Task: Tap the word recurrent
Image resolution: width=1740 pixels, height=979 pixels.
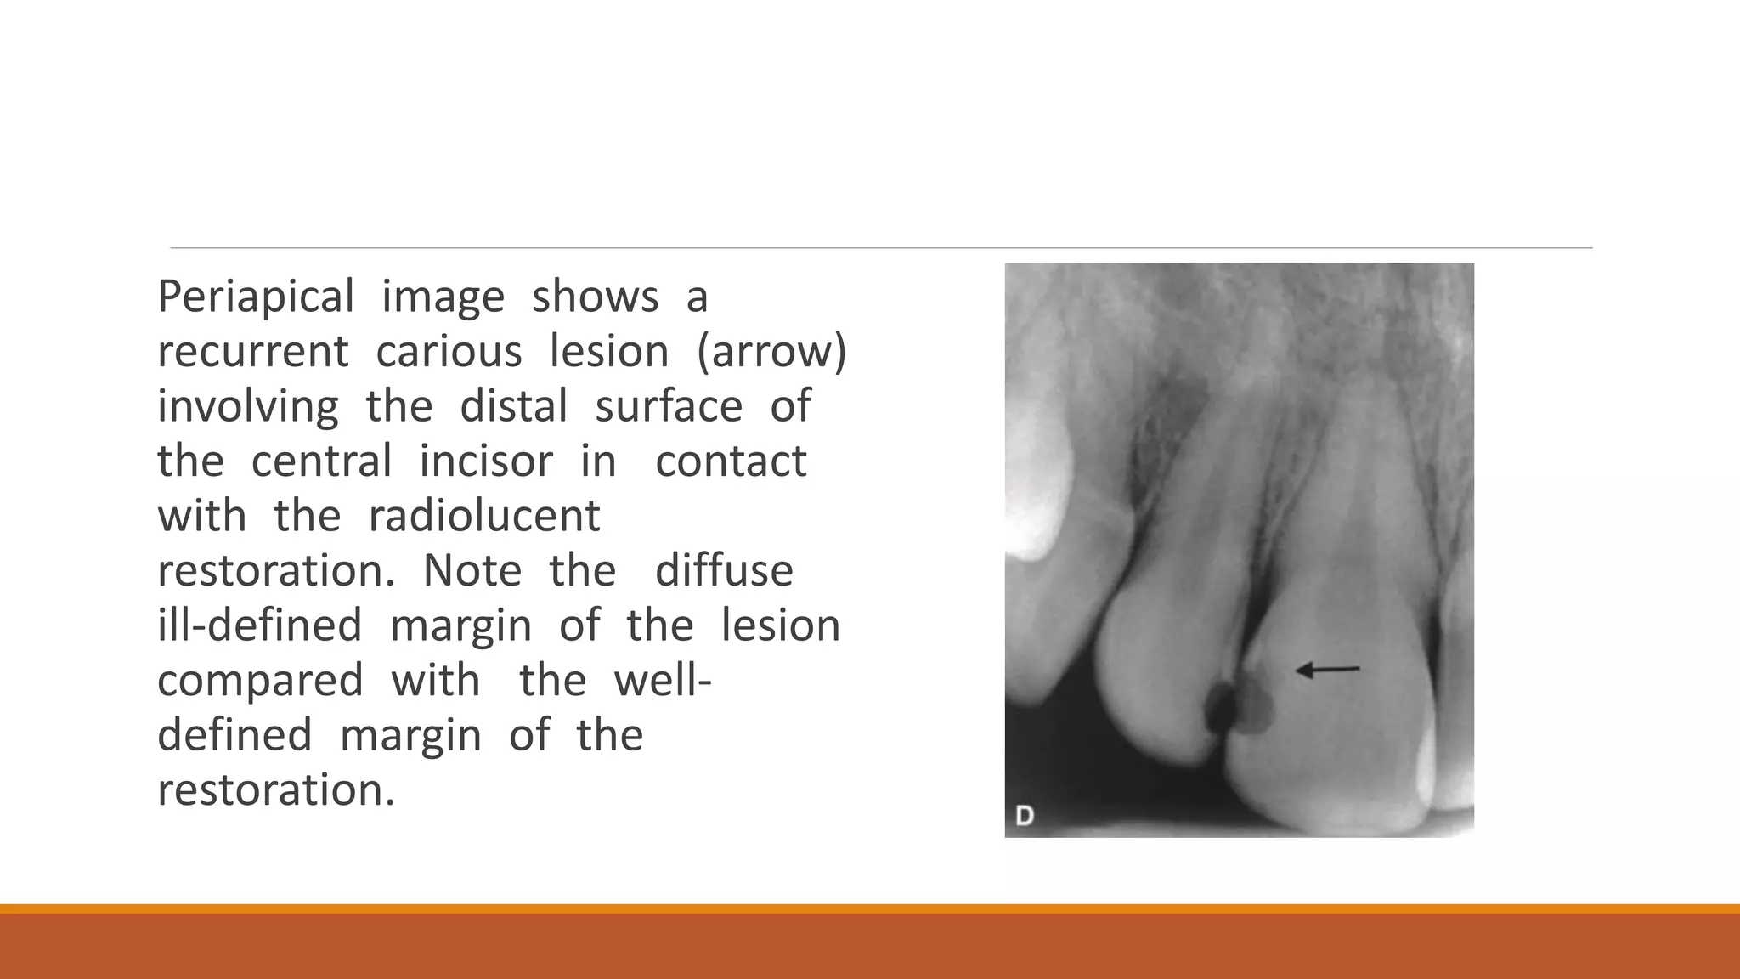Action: coord(253,352)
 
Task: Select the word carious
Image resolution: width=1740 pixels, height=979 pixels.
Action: coord(449,352)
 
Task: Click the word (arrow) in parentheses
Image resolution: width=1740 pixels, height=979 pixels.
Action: coord(771,352)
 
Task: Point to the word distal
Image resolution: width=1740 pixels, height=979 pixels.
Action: coord(513,406)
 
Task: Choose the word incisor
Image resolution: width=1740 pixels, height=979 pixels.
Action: coord(486,461)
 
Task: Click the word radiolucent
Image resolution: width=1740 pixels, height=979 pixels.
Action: coord(484,516)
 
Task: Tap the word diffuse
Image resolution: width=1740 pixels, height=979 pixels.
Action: coord(724,570)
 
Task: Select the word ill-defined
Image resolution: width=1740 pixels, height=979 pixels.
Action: coord(260,625)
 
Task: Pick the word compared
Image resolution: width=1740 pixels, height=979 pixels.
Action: coord(260,681)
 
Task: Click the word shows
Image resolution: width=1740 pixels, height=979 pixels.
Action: coord(595,297)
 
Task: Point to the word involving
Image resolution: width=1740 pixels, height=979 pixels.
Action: coord(248,406)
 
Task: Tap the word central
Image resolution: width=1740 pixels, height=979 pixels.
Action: coord(321,461)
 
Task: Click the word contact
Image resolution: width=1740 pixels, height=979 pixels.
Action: coord(731,461)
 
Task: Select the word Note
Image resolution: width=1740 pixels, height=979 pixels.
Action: coord(472,570)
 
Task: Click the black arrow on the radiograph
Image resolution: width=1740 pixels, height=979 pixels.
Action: coord(1327,671)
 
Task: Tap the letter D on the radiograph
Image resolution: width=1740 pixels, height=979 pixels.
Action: coord(1025,816)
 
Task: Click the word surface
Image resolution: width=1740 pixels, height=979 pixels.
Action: coord(669,406)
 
